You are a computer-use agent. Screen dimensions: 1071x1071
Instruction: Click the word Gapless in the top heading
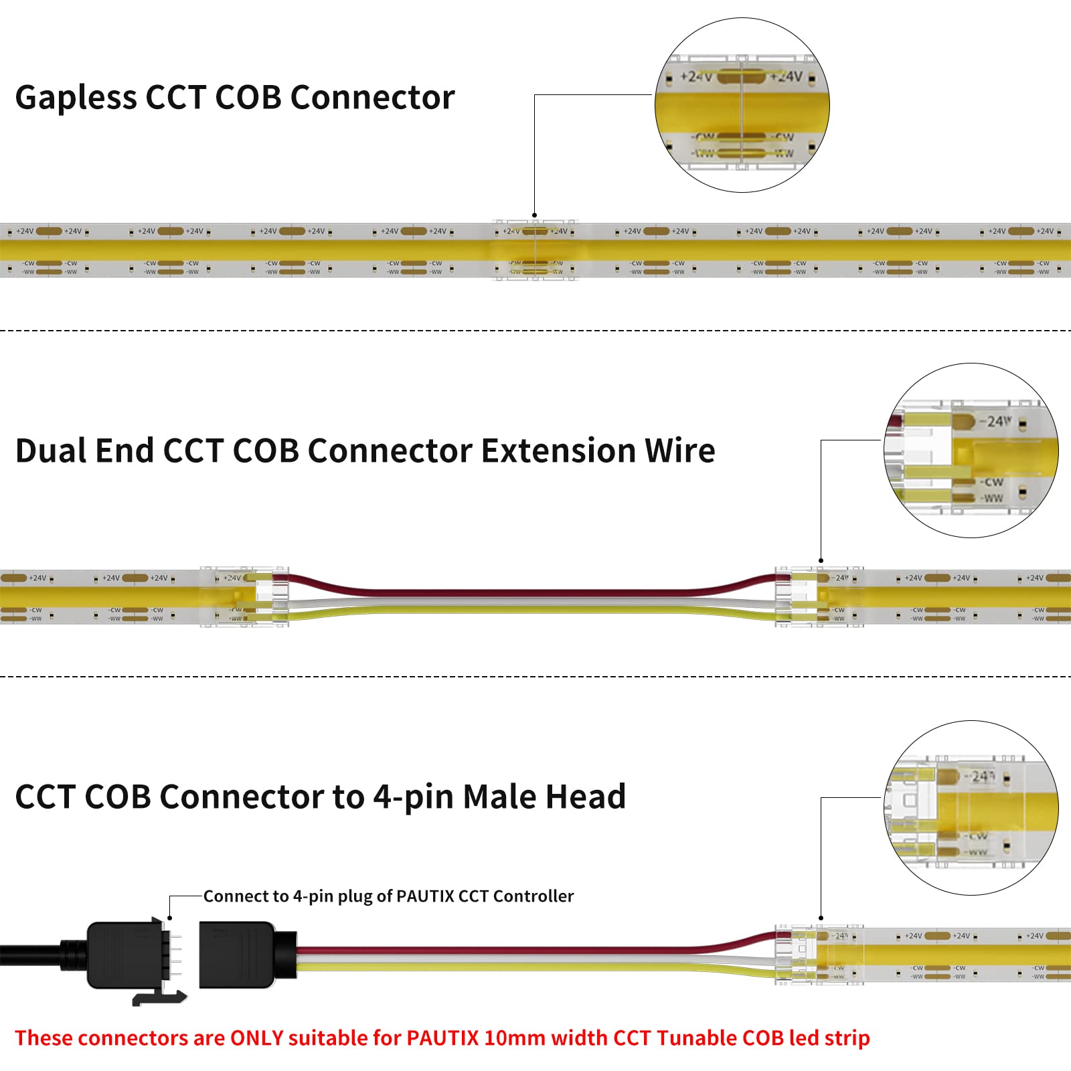75,98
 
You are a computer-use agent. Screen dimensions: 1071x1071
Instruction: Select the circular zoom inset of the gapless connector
742,105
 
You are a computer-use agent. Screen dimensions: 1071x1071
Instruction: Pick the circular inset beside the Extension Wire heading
971,450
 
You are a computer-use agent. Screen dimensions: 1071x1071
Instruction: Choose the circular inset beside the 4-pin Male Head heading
971,808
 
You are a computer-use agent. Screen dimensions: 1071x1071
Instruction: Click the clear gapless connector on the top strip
535,250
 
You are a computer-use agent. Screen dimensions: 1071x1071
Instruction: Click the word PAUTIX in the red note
442,1038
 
